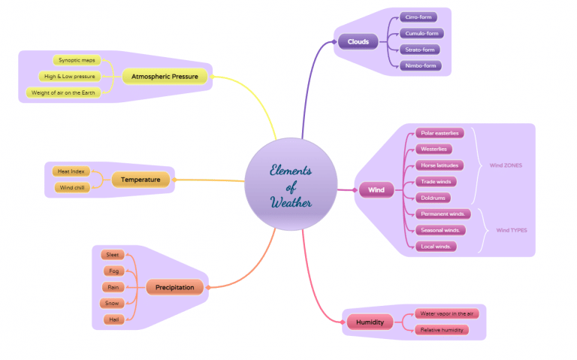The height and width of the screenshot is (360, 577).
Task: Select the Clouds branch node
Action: [358, 41]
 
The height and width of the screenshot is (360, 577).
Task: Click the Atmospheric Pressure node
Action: [165, 76]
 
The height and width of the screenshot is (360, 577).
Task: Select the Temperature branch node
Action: [140, 180]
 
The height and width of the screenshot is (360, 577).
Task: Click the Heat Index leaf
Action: [71, 171]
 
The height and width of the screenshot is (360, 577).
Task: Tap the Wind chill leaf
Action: [72, 187]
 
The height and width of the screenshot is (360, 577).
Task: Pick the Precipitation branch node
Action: [174, 287]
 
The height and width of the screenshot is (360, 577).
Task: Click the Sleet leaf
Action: [113, 255]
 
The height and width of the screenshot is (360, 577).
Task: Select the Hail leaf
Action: [113, 319]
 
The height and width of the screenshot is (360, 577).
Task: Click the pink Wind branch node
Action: [376, 189]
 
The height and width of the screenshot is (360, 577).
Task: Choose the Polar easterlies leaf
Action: [439, 133]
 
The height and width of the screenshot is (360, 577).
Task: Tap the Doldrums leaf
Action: [434, 198]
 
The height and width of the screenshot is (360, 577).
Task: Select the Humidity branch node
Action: [370, 322]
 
